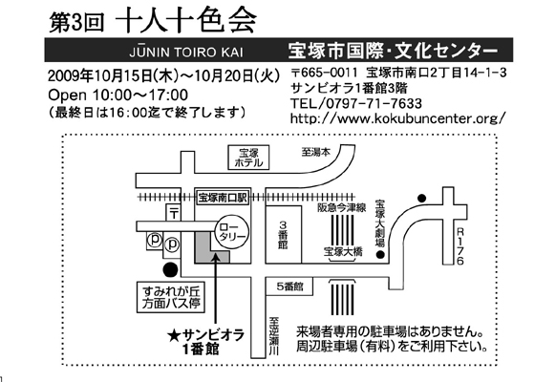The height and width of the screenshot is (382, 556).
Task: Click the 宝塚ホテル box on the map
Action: tap(248, 157)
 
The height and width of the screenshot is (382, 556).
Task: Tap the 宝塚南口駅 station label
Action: tap(223, 198)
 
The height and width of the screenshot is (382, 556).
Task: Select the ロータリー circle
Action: tap(232, 232)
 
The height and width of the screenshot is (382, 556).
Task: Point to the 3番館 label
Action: tap(283, 235)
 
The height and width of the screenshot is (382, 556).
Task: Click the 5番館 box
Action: tap(289, 286)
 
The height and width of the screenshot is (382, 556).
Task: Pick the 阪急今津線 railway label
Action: tap(341, 207)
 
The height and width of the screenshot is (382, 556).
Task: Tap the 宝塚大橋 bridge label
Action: tap(343, 251)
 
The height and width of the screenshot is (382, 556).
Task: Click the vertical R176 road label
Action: tap(460, 246)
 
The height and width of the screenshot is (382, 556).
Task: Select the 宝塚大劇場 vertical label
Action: tap(380, 223)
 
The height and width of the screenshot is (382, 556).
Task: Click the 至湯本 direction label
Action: tap(316, 152)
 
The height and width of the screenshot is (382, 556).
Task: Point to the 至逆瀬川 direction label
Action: tap(274, 335)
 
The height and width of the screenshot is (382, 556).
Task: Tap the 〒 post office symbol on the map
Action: tap(174, 213)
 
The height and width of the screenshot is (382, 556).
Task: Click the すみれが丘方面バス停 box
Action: tap(171, 297)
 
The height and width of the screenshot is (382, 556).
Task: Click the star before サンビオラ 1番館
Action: tap(175, 335)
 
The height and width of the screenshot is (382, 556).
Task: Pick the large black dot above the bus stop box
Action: tap(170, 269)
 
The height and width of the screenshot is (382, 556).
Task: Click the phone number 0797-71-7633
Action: tap(374, 103)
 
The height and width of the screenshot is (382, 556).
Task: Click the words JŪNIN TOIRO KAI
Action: tap(186, 53)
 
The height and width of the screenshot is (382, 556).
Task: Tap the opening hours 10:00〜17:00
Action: tap(140, 95)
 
